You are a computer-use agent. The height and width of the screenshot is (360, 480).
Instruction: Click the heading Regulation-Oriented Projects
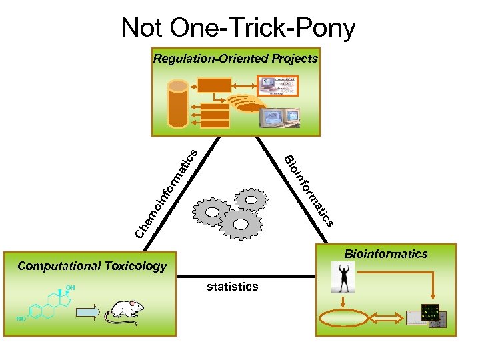[x=235, y=59]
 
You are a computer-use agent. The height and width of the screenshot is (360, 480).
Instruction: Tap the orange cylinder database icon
[x=178, y=103]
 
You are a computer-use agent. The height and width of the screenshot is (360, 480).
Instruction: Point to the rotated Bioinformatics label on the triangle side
[x=308, y=191]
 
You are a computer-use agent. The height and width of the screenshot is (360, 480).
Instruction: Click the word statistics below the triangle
[x=232, y=287]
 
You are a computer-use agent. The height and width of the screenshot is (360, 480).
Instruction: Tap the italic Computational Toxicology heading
[x=92, y=266]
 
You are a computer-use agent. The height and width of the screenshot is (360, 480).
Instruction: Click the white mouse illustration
[x=127, y=311]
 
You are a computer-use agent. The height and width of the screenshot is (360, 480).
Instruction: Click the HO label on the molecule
[x=21, y=319]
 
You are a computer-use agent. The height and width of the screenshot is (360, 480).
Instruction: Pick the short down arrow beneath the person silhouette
[x=342, y=301]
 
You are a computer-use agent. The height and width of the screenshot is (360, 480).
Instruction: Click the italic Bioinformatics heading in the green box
[x=385, y=253]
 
